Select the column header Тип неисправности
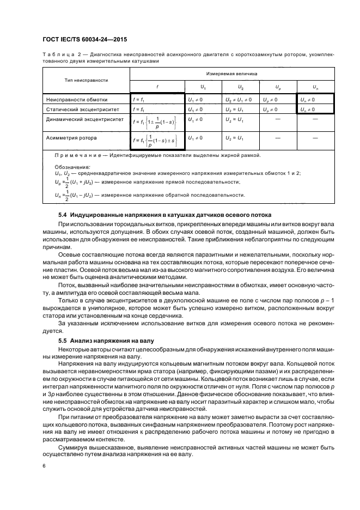coord(86,80)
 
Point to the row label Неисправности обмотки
coord(77,100)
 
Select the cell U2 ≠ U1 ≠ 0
coord(238,100)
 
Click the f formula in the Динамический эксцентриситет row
coord(157,123)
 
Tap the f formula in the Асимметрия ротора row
coord(157,142)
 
